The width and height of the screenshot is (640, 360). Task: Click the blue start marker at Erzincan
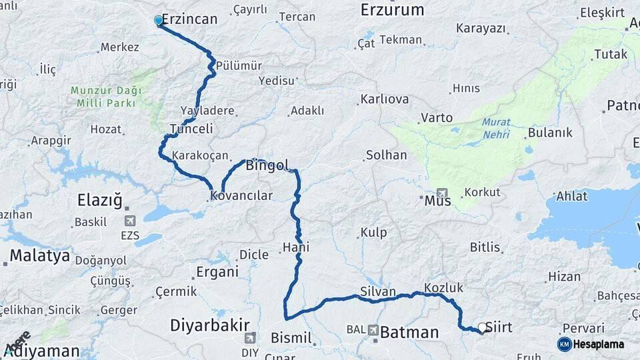click(159, 21)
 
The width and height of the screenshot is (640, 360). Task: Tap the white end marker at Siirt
click(482, 327)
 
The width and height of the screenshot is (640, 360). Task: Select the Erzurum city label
click(392, 9)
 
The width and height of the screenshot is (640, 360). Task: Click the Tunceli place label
click(191, 129)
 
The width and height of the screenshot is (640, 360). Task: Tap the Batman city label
click(410, 332)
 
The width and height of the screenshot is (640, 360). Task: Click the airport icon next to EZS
click(129, 221)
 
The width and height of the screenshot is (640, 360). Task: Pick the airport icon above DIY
click(250, 338)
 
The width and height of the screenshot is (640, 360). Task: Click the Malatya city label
click(39, 255)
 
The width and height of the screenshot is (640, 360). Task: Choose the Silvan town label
click(378, 292)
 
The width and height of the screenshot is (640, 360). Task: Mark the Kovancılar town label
click(241, 196)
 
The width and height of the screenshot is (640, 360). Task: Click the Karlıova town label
click(385, 99)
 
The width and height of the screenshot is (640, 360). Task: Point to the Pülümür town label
click(238, 66)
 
